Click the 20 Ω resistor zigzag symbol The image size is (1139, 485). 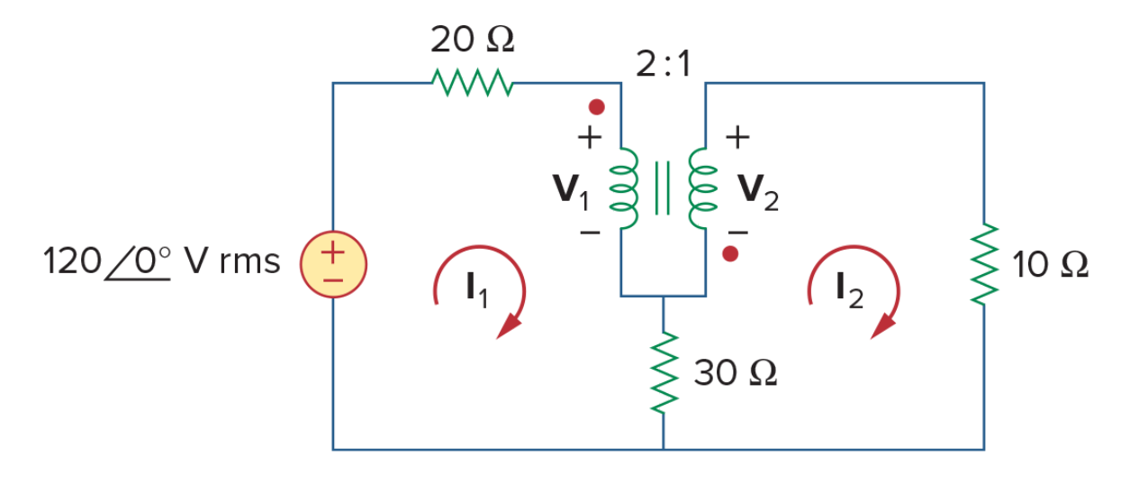point(473,82)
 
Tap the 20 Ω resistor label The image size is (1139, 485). point(473,39)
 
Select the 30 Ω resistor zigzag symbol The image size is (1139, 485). point(664,372)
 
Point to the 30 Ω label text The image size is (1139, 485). point(736,373)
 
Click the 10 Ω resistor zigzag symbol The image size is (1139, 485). point(984,264)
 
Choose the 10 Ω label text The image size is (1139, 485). point(1050,265)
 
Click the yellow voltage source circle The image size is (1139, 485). point(333,264)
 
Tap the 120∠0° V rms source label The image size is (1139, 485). point(162,261)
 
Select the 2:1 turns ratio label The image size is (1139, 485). point(664,64)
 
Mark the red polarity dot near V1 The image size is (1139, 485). point(596,107)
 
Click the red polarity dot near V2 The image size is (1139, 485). point(730,253)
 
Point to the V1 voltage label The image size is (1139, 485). point(571,191)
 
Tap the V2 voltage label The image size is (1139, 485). point(758,191)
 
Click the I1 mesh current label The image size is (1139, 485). point(477,289)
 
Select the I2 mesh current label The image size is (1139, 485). point(850,290)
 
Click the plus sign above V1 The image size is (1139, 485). point(590,137)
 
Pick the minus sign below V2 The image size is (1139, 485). point(737,233)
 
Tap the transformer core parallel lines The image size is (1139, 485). point(663,188)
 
